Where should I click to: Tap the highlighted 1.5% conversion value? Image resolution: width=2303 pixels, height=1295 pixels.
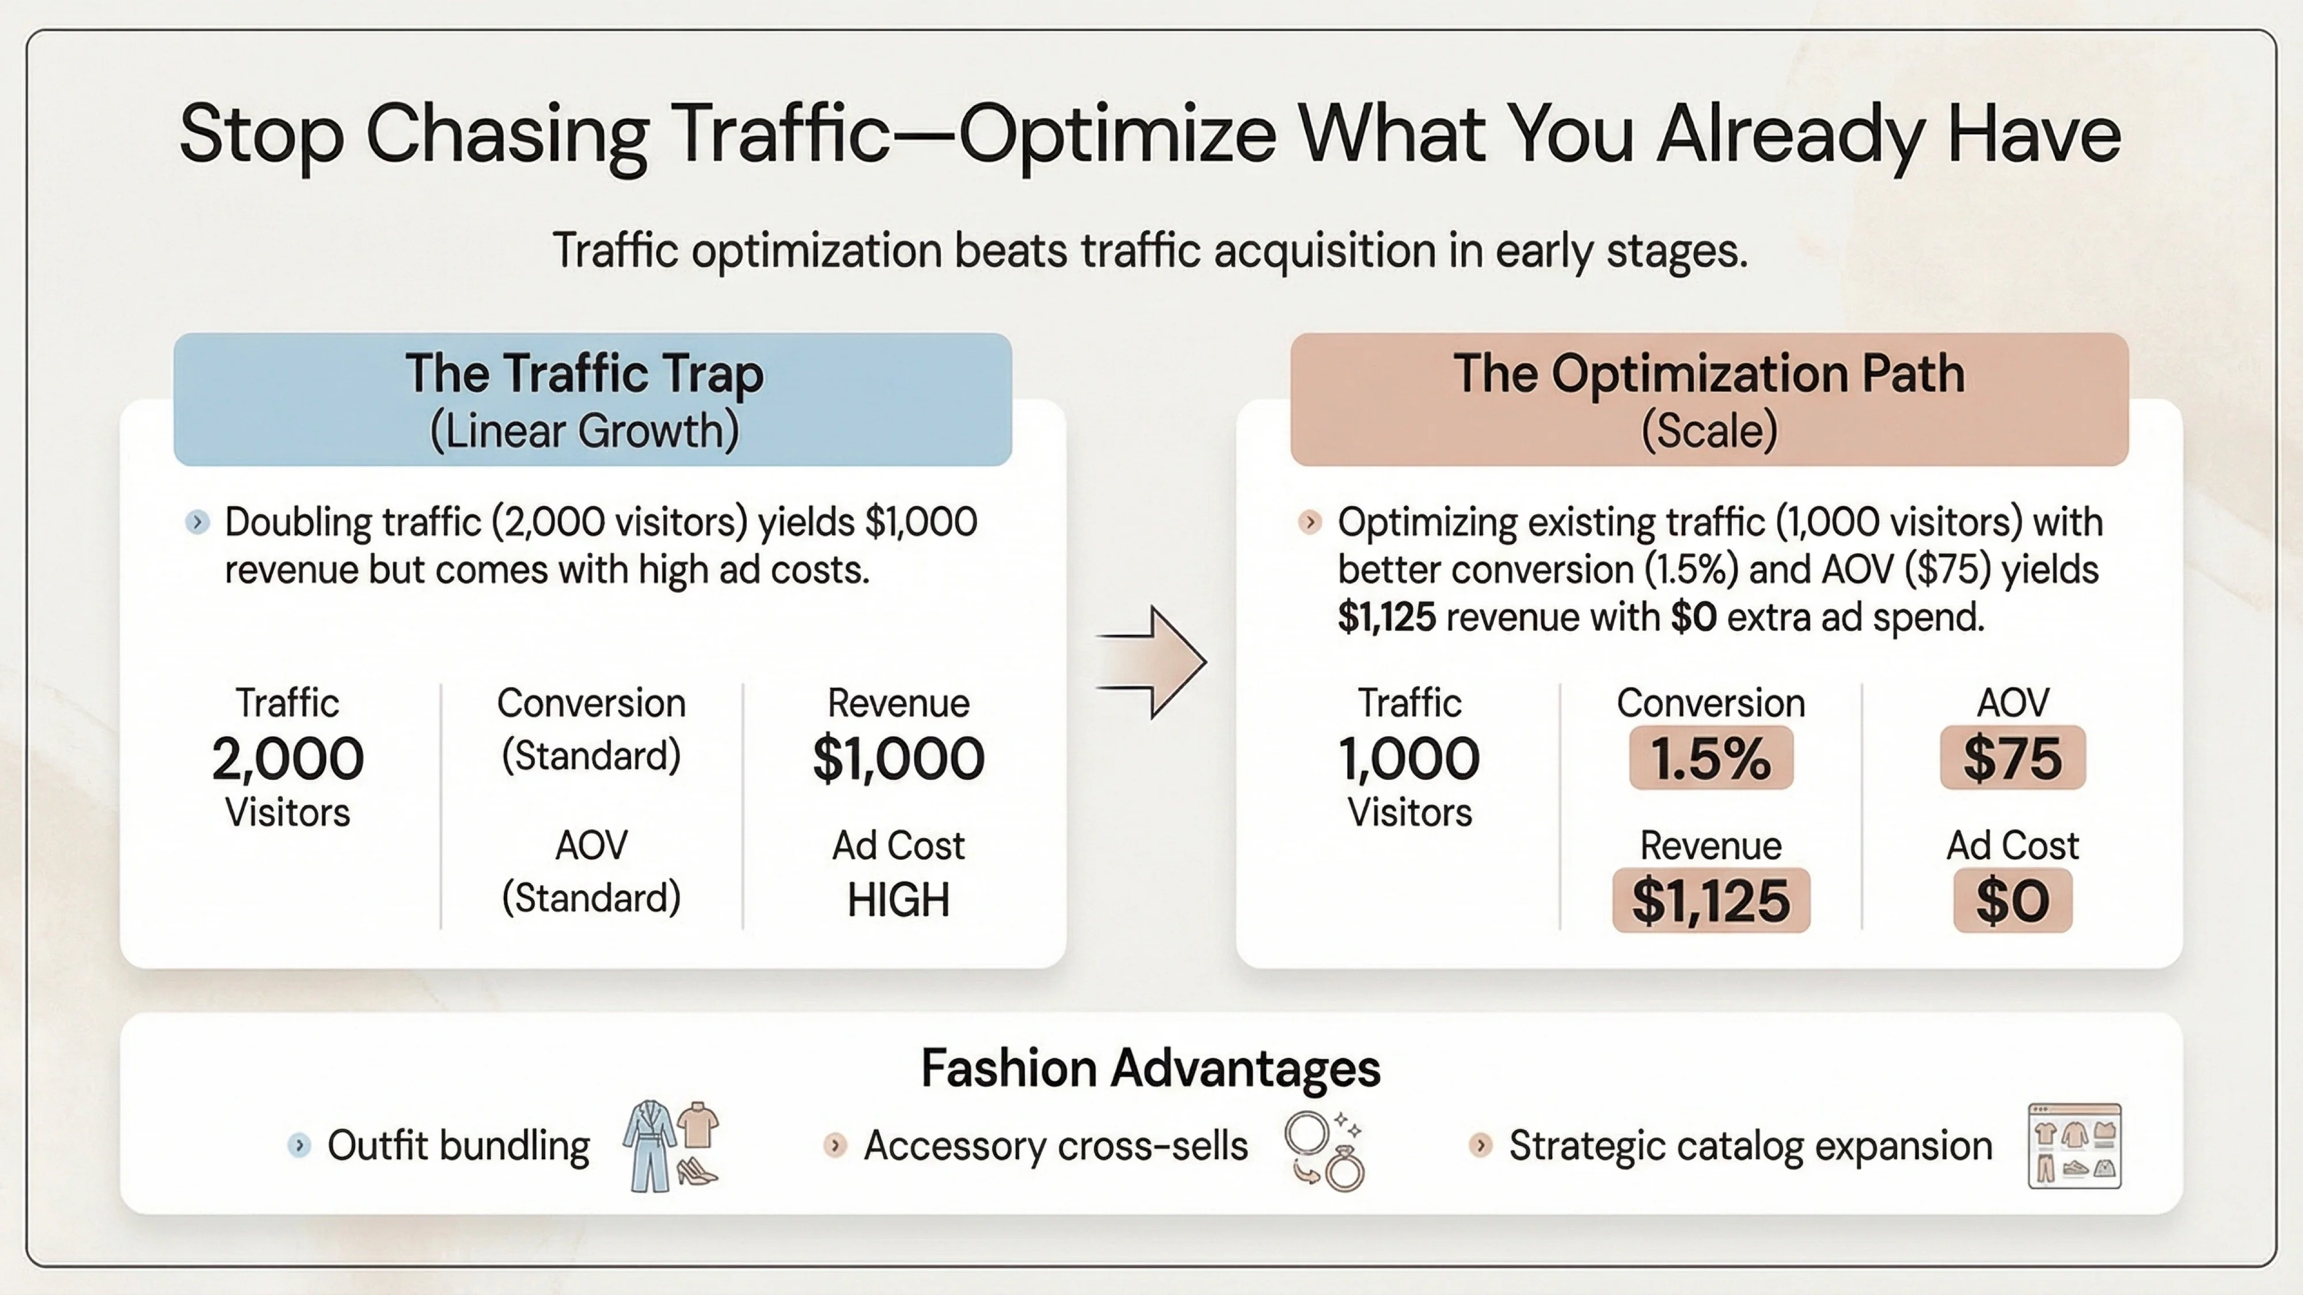(x=1710, y=758)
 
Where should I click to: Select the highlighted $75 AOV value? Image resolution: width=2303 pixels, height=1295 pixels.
(x=2012, y=758)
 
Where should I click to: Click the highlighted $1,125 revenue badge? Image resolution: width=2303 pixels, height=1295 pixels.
(x=1710, y=900)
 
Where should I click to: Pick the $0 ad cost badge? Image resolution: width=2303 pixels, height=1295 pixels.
(x=2012, y=900)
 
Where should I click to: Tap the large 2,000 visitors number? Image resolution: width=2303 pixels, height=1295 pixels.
(x=288, y=759)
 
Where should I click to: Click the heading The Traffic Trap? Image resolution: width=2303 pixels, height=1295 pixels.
(x=585, y=373)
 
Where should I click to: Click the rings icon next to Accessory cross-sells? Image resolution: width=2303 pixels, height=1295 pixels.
(x=1325, y=1149)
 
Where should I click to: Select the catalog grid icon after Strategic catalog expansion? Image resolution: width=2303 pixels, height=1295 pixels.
(x=2074, y=1146)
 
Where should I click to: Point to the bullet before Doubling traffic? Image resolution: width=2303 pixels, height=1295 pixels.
(x=197, y=522)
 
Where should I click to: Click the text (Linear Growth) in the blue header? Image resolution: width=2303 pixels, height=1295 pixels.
(x=585, y=431)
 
